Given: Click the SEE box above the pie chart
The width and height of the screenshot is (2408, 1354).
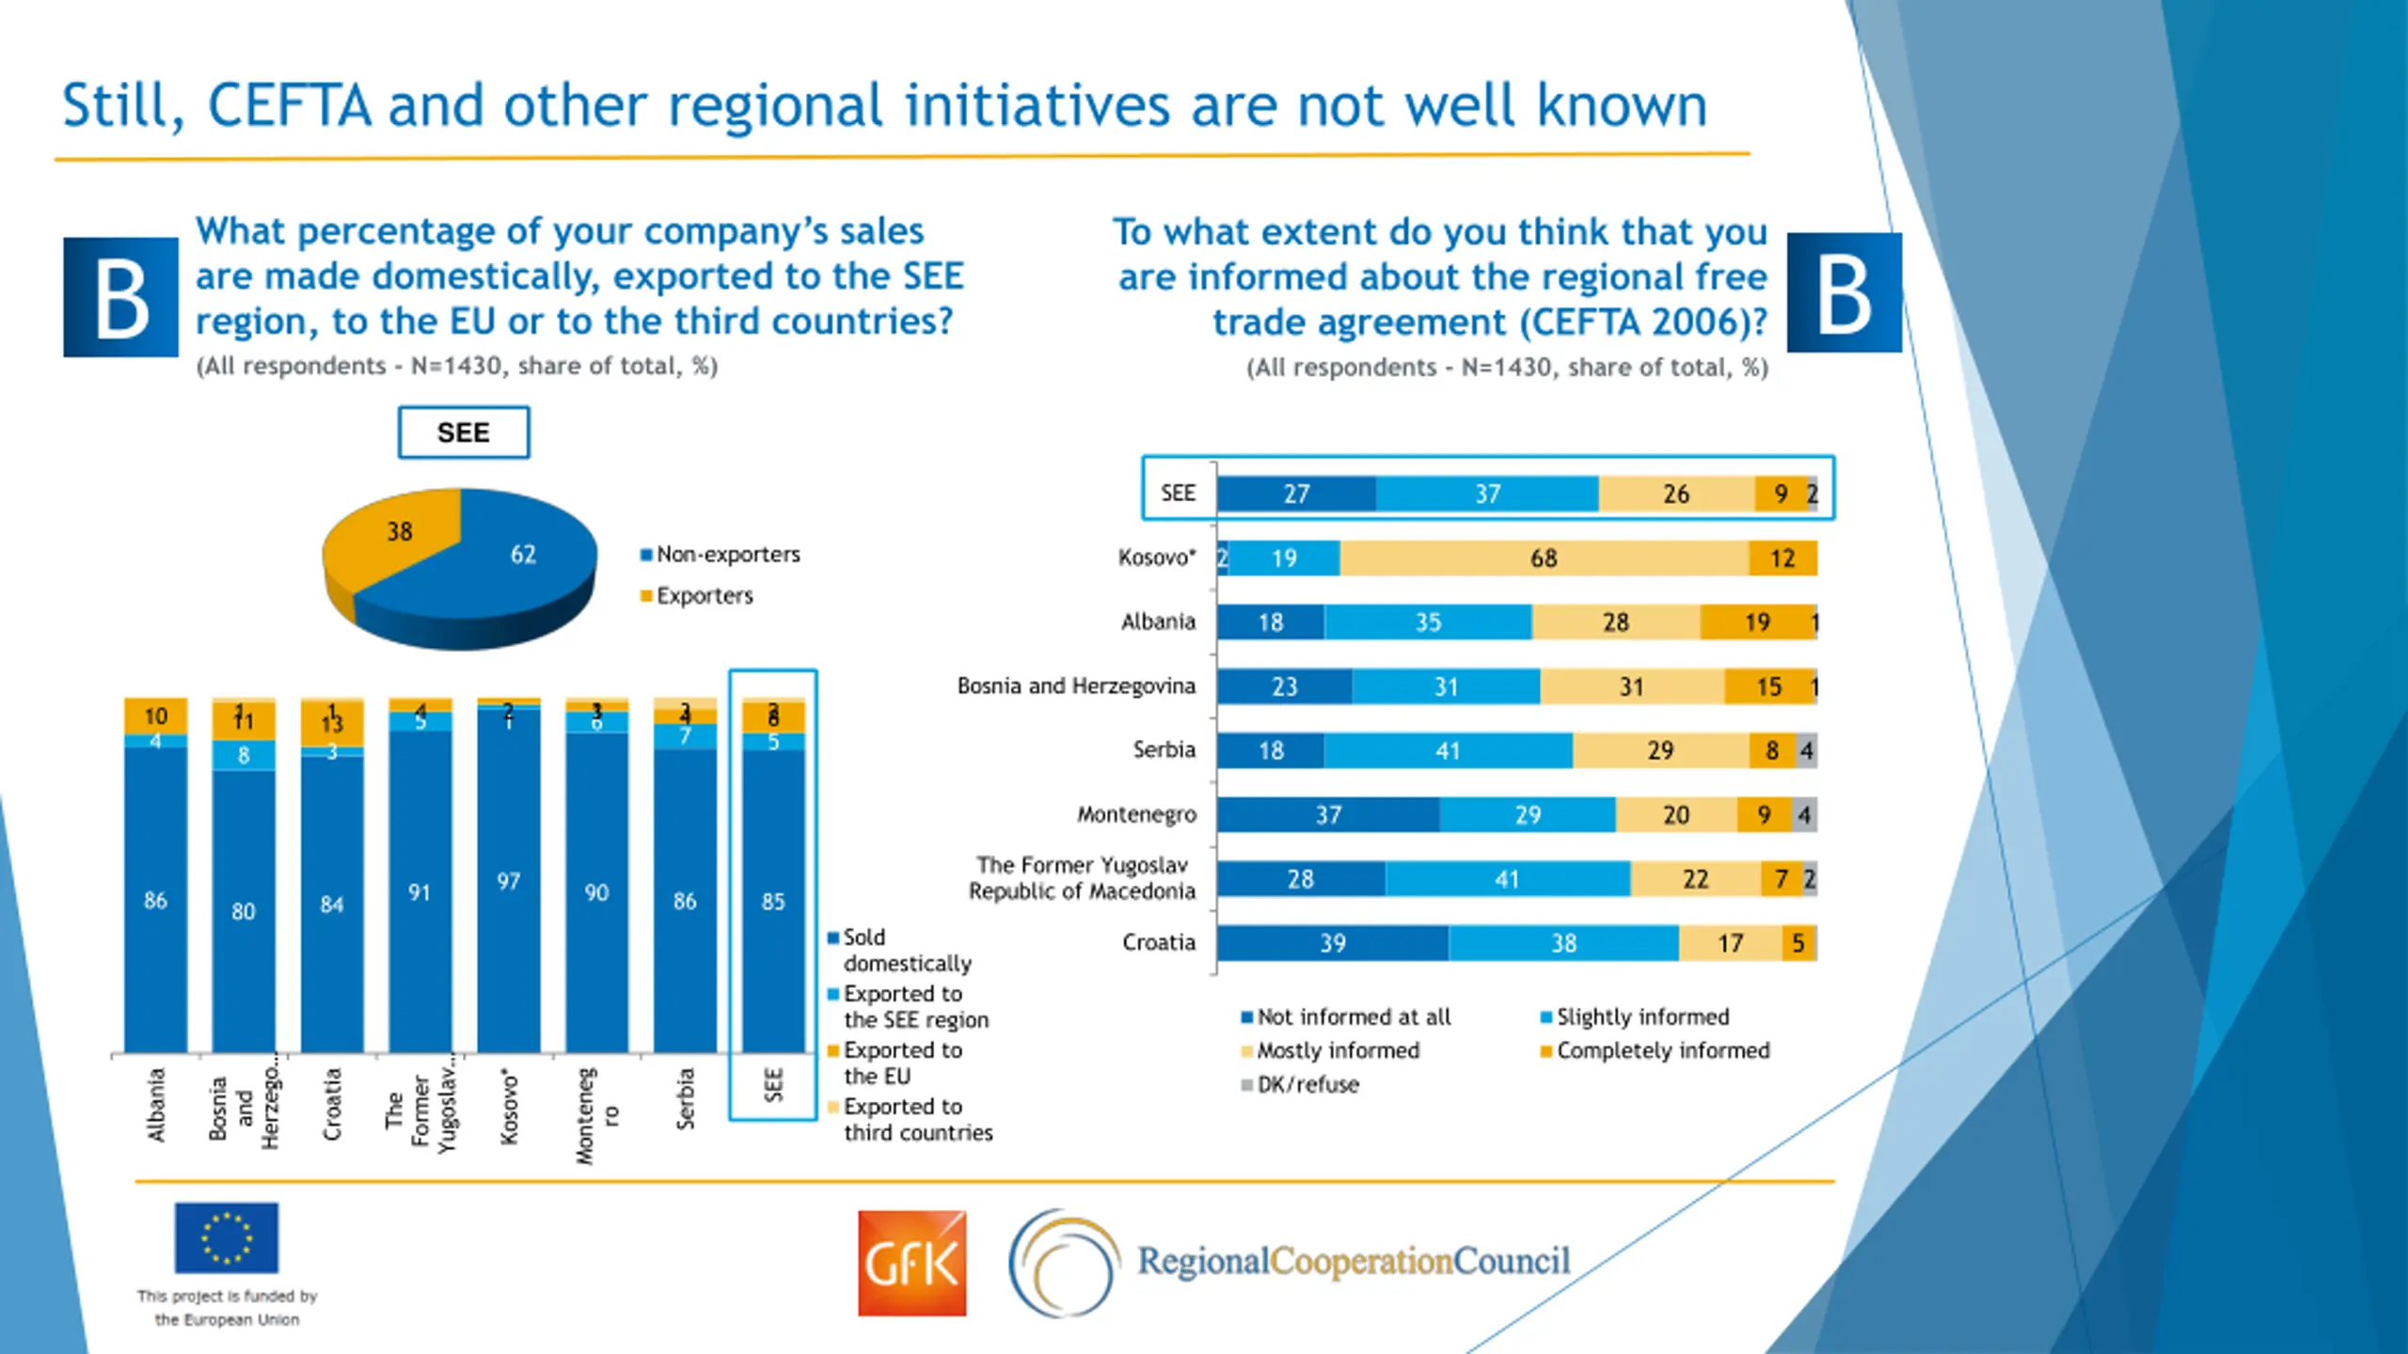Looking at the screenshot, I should tap(463, 433).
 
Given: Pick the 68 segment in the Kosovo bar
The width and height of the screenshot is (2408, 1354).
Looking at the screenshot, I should tap(1544, 559).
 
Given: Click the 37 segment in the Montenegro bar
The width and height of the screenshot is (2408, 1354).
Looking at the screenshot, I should tap(1327, 815).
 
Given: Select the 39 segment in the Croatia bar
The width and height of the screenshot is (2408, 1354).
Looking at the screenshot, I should tap(1332, 943).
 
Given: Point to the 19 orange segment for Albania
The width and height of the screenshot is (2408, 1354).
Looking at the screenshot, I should tap(1755, 622).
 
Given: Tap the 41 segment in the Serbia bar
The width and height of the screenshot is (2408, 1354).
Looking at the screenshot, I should tap(1448, 751).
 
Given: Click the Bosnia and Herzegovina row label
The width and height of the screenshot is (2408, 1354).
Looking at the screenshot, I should tap(1076, 686).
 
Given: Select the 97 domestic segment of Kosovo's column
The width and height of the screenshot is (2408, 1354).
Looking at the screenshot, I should tap(509, 882).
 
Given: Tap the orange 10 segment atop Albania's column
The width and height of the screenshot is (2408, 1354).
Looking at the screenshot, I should tap(156, 716).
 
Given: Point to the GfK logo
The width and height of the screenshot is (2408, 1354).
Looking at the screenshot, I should tap(911, 1263).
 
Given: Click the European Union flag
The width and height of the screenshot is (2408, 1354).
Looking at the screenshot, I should tap(227, 1237).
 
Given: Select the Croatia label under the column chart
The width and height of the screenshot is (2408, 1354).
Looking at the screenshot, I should tap(332, 1104).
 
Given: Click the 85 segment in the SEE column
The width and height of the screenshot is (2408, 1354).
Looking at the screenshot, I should tap(773, 902).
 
